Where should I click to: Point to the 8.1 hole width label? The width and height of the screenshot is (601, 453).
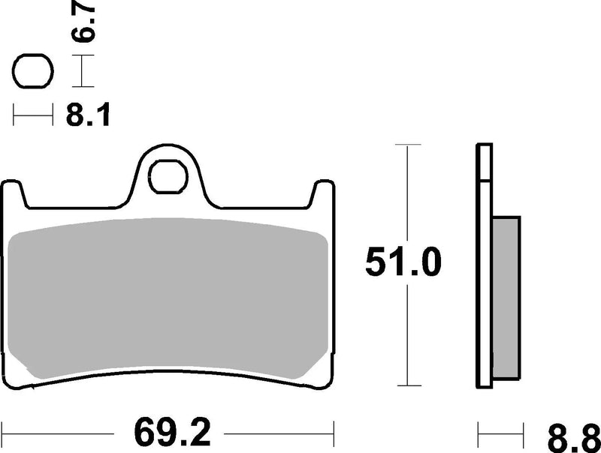(87, 116)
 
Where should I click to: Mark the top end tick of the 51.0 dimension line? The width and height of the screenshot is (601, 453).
(406, 143)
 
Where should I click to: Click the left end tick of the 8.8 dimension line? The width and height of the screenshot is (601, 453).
(479, 433)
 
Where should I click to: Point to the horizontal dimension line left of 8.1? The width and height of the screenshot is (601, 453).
(34, 116)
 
